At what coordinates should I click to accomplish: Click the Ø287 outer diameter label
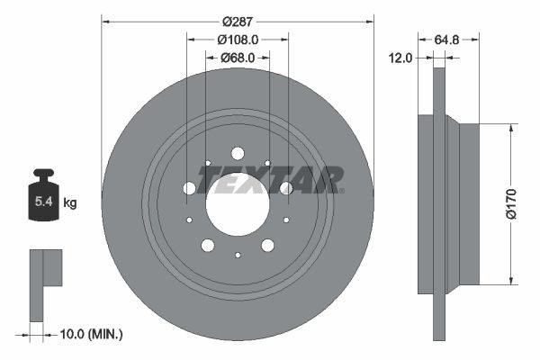point(238,20)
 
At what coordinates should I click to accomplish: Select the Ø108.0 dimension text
point(238,39)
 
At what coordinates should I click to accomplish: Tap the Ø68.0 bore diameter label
point(238,57)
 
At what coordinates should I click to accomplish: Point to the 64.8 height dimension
point(447,39)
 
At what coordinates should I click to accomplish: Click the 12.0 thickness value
point(401,58)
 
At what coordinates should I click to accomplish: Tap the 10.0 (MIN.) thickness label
point(91,334)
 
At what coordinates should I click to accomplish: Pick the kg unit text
point(70,203)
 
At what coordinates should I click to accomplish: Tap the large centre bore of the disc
point(238,204)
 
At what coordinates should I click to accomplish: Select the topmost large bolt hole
point(238,154)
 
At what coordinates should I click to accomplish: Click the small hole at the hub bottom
point(238,255)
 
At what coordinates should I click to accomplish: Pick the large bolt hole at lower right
point(267,246)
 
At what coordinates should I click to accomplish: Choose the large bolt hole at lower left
point(207,246)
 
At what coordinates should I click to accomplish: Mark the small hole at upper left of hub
point(207,164)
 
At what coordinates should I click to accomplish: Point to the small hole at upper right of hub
point(268,164)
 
